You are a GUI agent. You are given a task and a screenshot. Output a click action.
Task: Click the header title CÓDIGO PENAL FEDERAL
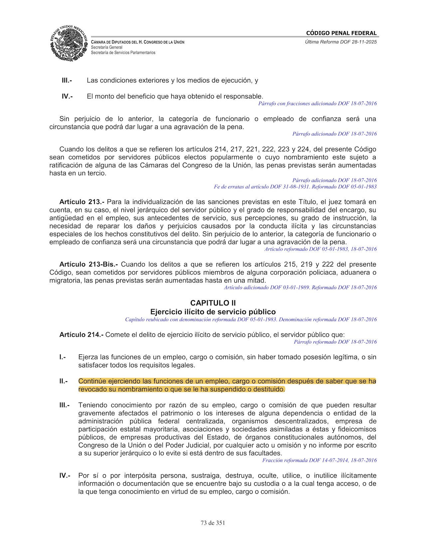click(341, 33)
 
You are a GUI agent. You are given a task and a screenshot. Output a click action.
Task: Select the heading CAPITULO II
click(213, 303)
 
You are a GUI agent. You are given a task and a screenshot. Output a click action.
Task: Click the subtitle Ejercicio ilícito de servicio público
click(213, 312)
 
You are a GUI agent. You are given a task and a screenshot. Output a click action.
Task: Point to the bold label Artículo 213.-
click(82, 202)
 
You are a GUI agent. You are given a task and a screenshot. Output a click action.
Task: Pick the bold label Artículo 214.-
click(82, 335)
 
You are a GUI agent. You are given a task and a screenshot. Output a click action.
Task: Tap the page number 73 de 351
click(213, 523)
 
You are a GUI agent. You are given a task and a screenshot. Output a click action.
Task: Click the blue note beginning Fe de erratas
click(295, 187)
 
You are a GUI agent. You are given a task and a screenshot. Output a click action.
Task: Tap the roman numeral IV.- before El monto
click(67, 96)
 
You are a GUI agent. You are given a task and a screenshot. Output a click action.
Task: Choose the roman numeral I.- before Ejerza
click(63, 357)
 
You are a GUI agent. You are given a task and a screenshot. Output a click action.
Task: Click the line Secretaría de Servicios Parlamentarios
click(123, 53)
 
